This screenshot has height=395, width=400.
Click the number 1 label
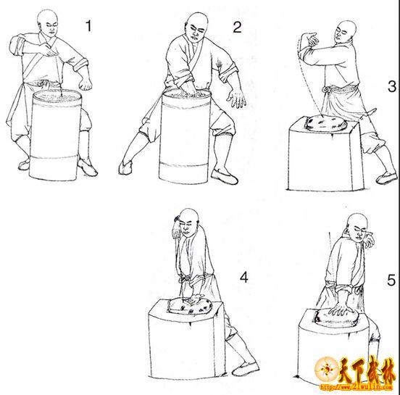88,26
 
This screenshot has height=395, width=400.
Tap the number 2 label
237,27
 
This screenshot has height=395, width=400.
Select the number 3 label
392,86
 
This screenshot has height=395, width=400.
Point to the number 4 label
244,277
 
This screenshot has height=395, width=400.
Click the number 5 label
391,280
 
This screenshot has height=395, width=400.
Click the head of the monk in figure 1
48,22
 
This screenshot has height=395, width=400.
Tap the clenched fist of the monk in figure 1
86,83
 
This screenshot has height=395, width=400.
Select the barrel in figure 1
55,135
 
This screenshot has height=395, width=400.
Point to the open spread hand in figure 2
236,99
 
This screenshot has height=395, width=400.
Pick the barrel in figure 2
185,136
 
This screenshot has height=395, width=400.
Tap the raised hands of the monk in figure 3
310,40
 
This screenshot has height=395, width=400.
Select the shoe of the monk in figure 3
387,178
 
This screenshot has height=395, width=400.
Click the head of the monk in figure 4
189,223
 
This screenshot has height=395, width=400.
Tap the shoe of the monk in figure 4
246,368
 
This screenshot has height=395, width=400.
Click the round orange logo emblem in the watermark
326,369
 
